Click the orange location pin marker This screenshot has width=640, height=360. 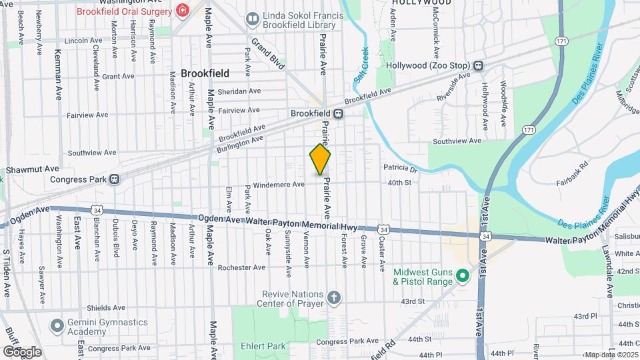tap(321, 159)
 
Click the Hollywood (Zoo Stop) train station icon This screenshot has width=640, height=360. tap(478, 65)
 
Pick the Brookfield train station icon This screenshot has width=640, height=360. tap(339, 113)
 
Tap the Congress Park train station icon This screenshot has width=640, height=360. tap(115, 179)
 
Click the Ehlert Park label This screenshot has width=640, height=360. tap(263, 346)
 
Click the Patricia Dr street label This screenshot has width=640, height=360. tap(399, 169)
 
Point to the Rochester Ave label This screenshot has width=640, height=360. tap(241, 268)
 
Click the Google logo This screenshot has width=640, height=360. tap(22, 351)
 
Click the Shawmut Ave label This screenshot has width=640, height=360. tap(33, 170)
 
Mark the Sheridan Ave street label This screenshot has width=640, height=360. tap(221, 91)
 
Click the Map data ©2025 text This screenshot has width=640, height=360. tap(611, 355)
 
